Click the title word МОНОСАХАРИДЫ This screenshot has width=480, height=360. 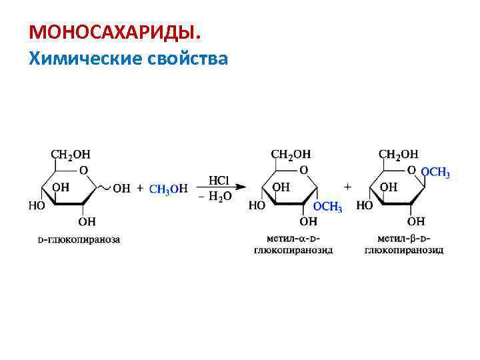click(113, 33)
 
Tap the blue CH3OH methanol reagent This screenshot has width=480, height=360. click(168, 189)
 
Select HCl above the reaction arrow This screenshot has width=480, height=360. click(219, 181)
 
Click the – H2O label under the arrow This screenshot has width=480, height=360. click(215, 197)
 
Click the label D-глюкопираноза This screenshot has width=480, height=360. click(79, 239)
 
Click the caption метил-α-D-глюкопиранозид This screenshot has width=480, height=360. click(293, 244)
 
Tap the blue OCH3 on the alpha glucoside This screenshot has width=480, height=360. click(328, 207)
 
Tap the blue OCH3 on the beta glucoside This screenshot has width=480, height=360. click(435, 173)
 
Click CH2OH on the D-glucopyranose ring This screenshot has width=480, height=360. click(71, 155)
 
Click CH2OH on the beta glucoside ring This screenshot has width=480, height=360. click(399, 155)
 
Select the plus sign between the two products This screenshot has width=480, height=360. click(347, 182)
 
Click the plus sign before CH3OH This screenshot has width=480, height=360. click(140, 189)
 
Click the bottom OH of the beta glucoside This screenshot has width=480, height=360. click(416, 221)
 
